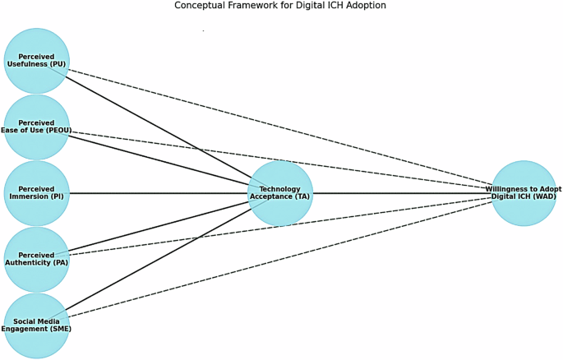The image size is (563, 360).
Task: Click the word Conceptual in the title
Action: pos(202,6)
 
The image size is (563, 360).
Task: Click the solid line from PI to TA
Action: pos(156,193)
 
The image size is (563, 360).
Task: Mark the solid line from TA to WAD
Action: pos(403,193)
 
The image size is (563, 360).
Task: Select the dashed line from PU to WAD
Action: pos(279,127)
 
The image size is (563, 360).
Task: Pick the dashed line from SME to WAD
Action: pos(279,259)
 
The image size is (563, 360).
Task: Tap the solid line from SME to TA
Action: pos(156,263)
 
